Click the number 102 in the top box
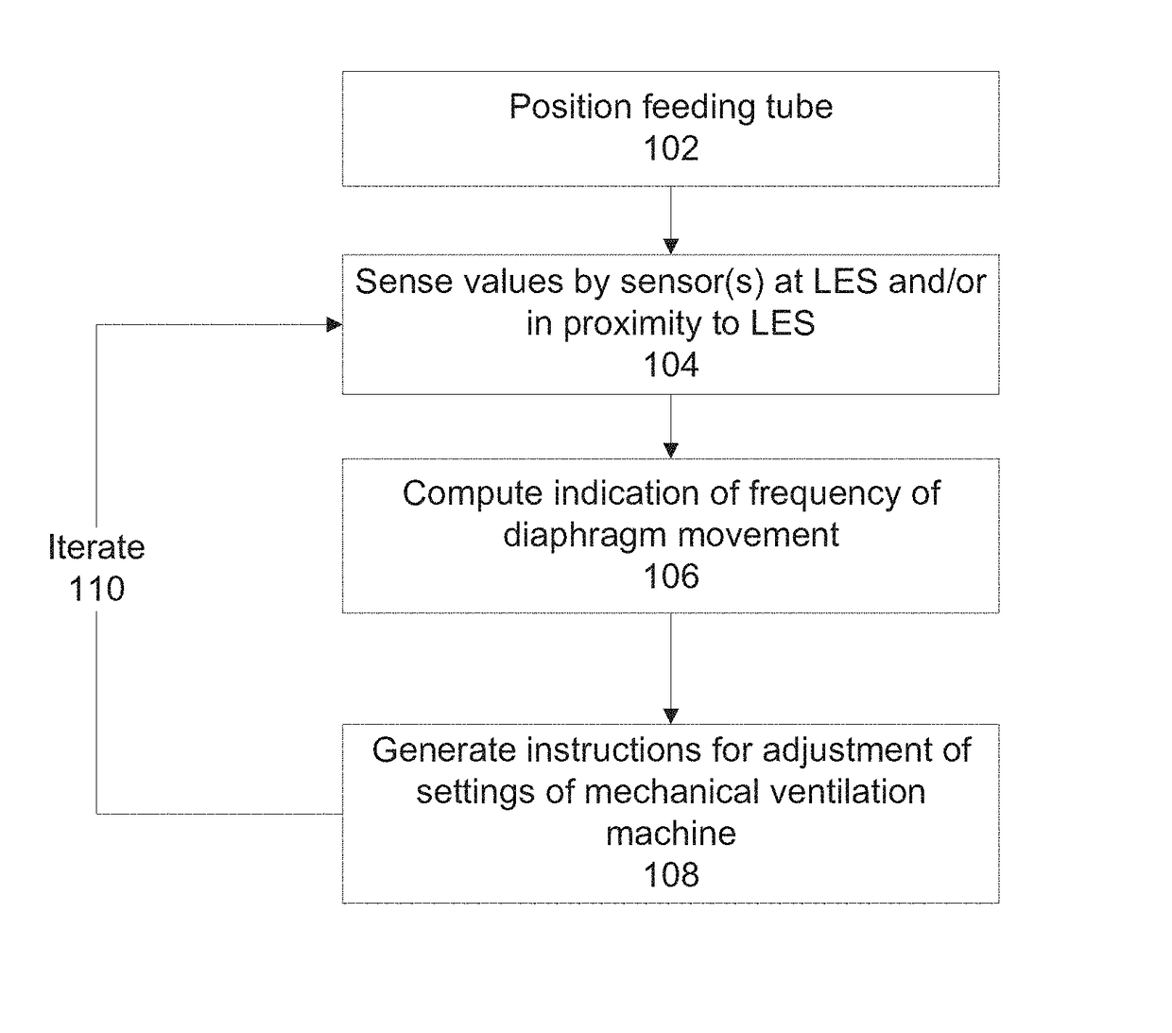point(670,148)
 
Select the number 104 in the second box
point(670,365)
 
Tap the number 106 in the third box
point(670,577)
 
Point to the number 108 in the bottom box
point(670,874)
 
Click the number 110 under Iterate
point(96,589)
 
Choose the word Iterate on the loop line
point(96,547)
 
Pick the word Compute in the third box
point(474,494)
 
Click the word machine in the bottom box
point(670,834)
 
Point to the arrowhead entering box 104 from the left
point(335,325)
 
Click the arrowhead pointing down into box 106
point(670,451)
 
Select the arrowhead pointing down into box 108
point(670,716)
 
